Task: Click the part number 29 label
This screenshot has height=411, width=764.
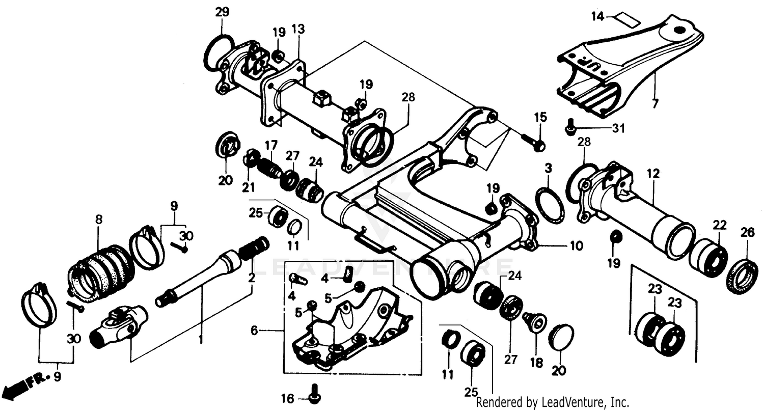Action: (222, 12)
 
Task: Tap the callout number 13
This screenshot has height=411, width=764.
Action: (298, 29)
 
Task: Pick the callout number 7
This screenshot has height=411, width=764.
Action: (655, 104)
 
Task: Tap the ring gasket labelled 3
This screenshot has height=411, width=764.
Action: (550, 205)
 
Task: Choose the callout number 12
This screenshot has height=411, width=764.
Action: (653, 174)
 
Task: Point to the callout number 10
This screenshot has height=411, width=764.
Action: (576, 245)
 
